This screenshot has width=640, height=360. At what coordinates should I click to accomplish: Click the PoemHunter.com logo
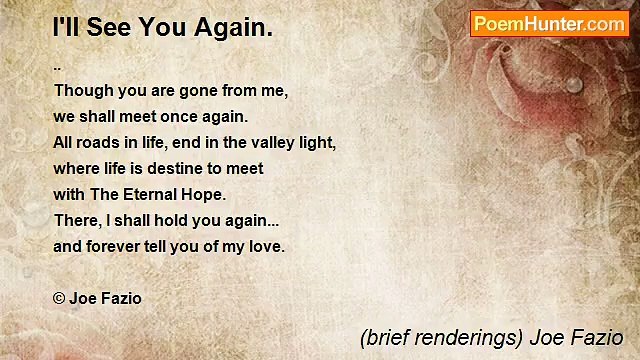[x=549, y=24]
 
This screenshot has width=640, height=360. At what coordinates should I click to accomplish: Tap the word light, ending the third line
[x=316, y=142]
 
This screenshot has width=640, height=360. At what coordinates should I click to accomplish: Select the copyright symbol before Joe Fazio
[x=59, y=298]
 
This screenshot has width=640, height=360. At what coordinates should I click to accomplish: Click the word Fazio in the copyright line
[x=120, y=298]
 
